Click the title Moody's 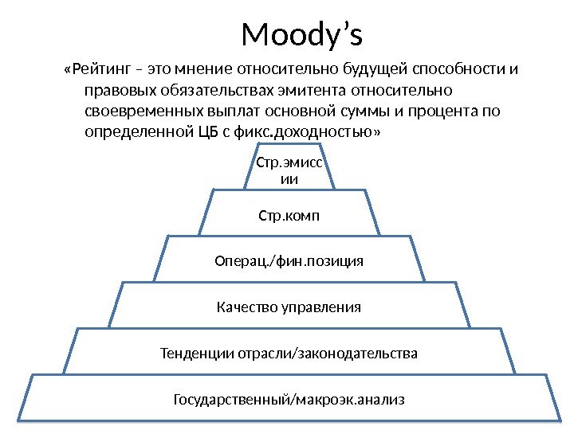(301, 35)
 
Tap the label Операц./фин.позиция (289, 260)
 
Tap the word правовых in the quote (115, 90)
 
